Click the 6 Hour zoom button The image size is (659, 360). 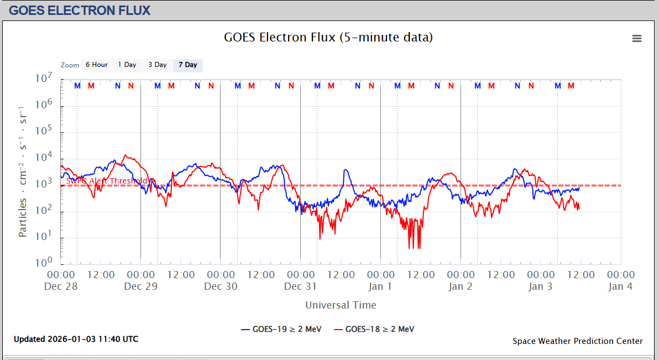click(x=96, y=65)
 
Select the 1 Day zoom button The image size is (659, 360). click(x=127, y=65)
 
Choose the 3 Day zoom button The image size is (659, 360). click(x=157, y=65)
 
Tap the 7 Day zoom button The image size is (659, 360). click(x=187, y=65)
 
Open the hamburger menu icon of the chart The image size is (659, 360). click(x=637, y=38)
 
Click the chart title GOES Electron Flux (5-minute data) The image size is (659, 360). click(x=328, y=38)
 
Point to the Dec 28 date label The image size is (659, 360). click(x=61, y=286)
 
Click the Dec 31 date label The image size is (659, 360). click(x=301, y=286)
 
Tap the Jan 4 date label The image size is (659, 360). click(x=620, y=286)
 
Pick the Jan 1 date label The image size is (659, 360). click(x=380, y=286)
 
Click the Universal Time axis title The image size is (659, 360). click(x=341, y=305)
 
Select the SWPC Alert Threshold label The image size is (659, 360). click(x=107, y=181)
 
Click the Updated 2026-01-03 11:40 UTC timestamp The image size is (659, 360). click(x=76, y=339)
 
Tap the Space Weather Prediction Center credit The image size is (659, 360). click(x=578, y=341)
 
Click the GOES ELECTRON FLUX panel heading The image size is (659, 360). click(x=80, y=10)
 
